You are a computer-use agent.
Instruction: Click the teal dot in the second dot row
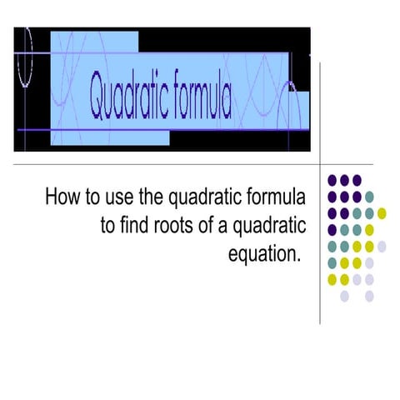pos(369,197)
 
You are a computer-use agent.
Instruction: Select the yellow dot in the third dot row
pos(382,212)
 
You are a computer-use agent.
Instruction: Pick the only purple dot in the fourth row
pos(332,229)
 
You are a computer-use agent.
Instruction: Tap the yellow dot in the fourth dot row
pos(369,229)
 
